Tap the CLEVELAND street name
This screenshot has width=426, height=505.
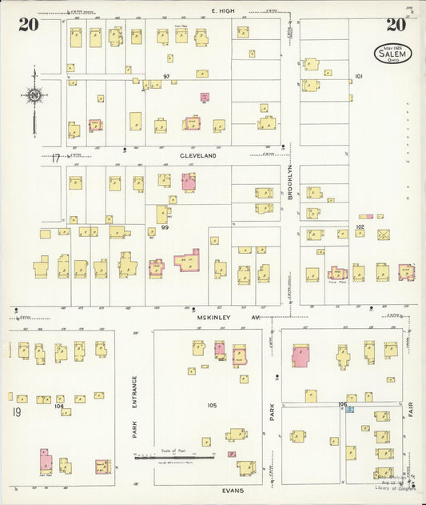[x=198, y=156]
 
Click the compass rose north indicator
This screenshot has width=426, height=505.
[x=34, y=97]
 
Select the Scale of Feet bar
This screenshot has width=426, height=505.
[x=175, y=458]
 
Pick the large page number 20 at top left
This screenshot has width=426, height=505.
[x=28, y=25]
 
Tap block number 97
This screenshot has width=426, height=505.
[x=166, y=76]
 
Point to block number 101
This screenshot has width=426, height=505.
[x=358, y=77]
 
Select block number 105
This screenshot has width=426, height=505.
[x=211, y=405]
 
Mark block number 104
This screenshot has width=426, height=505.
[x=58, y=406]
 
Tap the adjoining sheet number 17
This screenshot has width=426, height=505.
[x=55, y=158]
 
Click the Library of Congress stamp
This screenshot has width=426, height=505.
[x=391, y=481]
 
